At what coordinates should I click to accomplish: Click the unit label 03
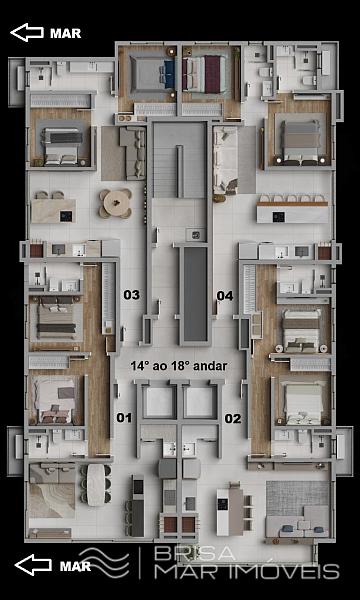pyautogui.click(x=131, y=295)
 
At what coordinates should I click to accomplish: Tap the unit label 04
pyautogui.click(x=225, y=296)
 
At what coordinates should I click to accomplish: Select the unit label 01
pyautogui.click(x=124, y=418)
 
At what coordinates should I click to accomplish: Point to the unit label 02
pyautogui.click(x=233, y=419)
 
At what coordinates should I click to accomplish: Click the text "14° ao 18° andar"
pyautogui.click(x=179, y=366)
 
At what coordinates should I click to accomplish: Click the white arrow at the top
pyautogui.click(x=27, y=32)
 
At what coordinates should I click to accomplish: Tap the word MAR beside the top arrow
pyautogui.click(x=66, y=33)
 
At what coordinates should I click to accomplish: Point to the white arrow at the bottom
pyautogui.click(x=33, y=565)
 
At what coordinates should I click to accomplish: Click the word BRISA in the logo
pyautogui.click(x=195, y=553)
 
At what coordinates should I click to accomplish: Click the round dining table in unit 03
pyautogui.click(x=116, y=203)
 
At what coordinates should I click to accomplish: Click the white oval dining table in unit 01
pyautogui.click(x=95, y=484)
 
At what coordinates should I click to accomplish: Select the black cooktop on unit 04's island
pyautogui.click(x=279, y=217)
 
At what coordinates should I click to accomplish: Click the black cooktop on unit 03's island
pyautogui.click(x=66, y=217)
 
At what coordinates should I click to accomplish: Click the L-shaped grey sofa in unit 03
pyautogui.click(x=132, y=153)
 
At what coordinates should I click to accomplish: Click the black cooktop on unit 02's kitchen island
pyautogui.click(x=222, y=504)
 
